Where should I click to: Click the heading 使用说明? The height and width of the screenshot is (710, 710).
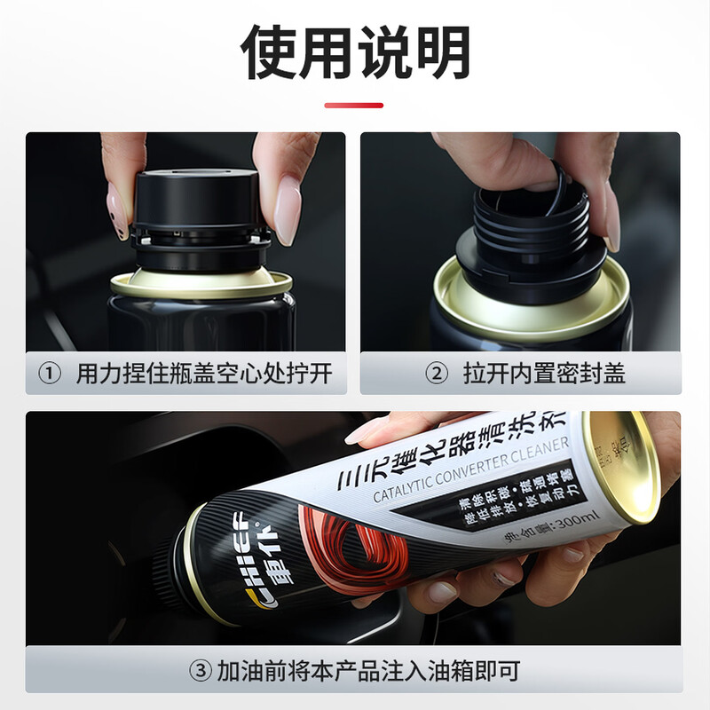click(x=355, y=52)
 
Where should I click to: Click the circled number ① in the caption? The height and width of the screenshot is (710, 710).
click(x=49, y=374)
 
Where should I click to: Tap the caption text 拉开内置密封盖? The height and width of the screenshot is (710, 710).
click(x=543, y=374)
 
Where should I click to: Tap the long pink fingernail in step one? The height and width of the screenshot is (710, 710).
click(x=288, y=209)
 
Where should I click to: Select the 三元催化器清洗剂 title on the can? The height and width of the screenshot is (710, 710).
click(x=453, y=453)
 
